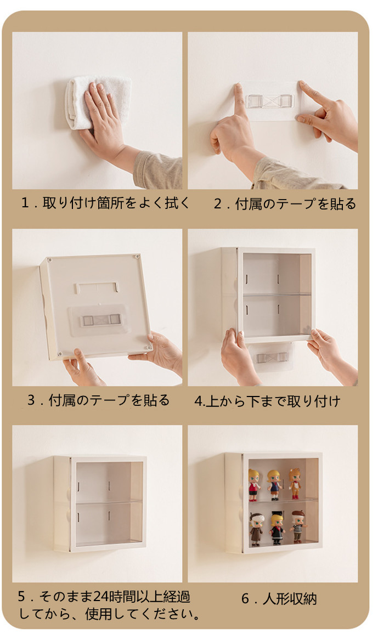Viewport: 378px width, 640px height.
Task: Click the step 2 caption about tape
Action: coord(285,203)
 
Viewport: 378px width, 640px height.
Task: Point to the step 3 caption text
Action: coord(98,400)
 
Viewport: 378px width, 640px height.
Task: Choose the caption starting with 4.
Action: coord(267,401)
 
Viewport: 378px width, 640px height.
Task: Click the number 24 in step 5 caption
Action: coord(100,597)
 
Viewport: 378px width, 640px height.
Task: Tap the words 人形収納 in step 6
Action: coord(290,599)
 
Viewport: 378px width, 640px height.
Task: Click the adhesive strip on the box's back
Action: coord(100,320)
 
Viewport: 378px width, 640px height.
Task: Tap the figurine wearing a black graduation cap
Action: coord(277,528)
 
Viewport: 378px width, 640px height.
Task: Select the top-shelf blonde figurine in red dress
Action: coord(254,485)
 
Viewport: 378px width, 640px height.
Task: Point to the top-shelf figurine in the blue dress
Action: coord(274,485)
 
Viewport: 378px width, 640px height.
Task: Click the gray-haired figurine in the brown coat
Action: coord(256,529)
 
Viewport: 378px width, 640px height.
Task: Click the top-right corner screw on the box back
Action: coord(138,257)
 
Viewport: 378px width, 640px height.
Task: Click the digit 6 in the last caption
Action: coord(245,599)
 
